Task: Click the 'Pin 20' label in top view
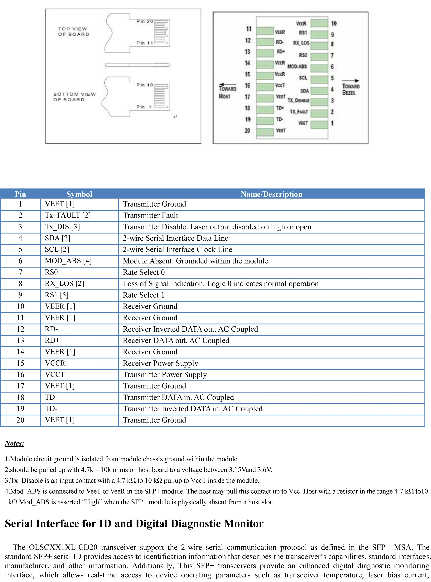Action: point(145,21)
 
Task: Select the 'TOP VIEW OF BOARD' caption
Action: point(74,32)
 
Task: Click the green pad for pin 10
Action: point(319,23)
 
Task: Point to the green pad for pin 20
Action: point(264,132)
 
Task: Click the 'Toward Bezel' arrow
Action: point(351,81)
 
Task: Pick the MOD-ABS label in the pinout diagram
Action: point(297,67)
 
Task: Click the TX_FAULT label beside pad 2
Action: point(299,112)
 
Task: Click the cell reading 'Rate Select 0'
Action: point(144,272)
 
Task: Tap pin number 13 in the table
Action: point(20,340)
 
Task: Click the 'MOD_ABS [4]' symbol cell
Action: point(68,261)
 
